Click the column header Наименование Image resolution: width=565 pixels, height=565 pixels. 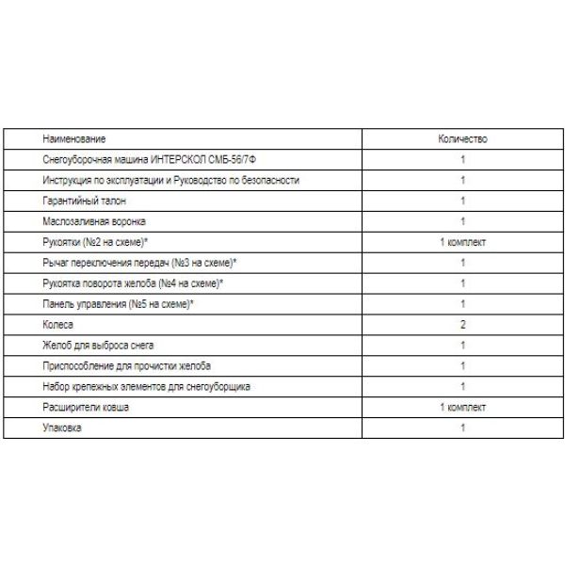(x=74, y=138)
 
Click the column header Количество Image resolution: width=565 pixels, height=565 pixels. (x=462, y=138)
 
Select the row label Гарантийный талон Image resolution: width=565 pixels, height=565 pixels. (x=84, y=201)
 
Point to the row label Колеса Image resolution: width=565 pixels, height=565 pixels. (x=58, y=325)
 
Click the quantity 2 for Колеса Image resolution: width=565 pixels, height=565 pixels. (x=463, y=325)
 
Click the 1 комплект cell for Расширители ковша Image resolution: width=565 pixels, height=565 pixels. (x=463, y=408)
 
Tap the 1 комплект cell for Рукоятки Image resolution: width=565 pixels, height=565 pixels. (x=463, y=242)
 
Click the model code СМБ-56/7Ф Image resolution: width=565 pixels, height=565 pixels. (x=226, y=159)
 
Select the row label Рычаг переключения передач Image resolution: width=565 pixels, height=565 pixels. (x=138, y=263)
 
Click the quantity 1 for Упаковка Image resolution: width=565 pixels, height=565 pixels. (x=463, y=428)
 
